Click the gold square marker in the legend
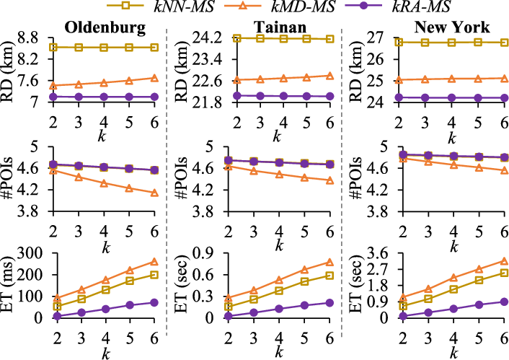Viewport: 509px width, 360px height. [125, 5]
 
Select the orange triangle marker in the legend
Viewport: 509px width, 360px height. [243, 5]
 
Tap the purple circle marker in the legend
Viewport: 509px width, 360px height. [363, 5]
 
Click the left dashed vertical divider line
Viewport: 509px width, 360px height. [167, 180]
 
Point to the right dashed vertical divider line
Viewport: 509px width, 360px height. [342, 180]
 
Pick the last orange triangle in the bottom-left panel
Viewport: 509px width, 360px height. [154, 262]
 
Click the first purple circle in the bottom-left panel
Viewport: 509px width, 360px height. [57, 315]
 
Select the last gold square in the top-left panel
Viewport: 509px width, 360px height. [154, 47]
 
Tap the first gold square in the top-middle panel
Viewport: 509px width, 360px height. [237, 38]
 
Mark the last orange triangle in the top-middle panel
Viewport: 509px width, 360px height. [330, 75]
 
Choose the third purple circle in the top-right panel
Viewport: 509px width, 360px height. [451, 97]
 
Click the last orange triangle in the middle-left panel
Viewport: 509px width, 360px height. [154, 193]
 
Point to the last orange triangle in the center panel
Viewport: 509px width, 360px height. [330, 180]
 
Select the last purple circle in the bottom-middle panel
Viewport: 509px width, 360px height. [329, 302]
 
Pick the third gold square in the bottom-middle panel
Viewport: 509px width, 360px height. [279, 290]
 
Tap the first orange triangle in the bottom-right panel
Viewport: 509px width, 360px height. [403, 297]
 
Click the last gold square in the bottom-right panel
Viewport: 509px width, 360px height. [505, 272]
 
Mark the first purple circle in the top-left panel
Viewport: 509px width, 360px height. [53, 97]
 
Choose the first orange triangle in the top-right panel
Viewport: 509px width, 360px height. [399, 79]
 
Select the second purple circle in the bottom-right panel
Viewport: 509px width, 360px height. [428, 312]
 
